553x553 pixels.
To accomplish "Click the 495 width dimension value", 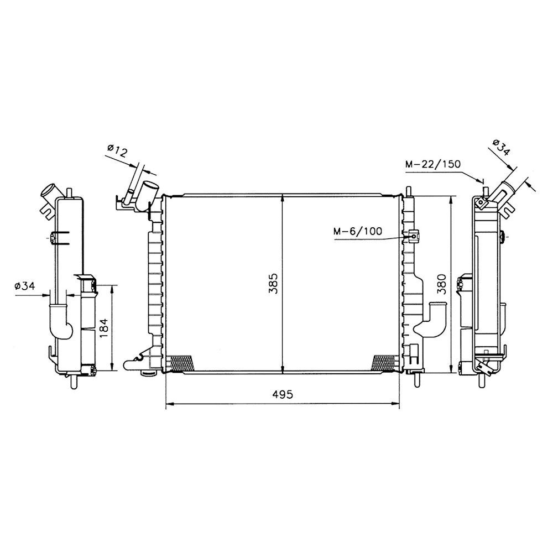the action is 283,394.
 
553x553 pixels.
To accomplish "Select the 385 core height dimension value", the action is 274,283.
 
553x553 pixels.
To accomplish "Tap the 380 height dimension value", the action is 442,284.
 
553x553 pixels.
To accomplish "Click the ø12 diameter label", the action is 117,151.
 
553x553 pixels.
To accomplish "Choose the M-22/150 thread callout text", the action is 433,164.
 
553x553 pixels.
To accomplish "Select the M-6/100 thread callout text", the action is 358,231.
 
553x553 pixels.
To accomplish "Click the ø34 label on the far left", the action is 25,286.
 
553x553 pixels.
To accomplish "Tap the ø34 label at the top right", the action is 501,148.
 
